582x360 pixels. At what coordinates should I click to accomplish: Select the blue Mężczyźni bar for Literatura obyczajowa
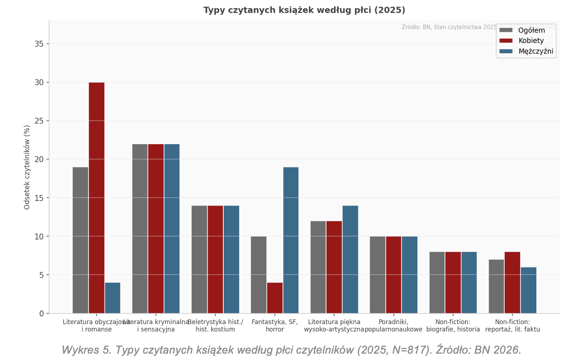click(113, 298)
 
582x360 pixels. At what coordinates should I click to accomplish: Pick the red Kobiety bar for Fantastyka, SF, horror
click(275, 298)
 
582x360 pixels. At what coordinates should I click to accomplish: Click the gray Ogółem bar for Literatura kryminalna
click(140, 228)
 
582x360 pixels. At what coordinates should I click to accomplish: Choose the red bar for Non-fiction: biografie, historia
click(453, 282)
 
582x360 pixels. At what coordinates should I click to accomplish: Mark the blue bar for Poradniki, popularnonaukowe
click(409, 275)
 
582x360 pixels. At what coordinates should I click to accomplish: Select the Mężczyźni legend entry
click(535, 51)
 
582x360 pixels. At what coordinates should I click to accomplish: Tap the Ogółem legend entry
click(531, 30)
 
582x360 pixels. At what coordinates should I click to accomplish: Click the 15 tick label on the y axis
click(39, 198)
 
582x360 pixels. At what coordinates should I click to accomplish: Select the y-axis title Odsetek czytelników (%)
click(27, 167)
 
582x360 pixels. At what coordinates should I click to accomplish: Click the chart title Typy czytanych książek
click(304, 10)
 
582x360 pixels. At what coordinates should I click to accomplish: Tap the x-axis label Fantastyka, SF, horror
click(275, 326)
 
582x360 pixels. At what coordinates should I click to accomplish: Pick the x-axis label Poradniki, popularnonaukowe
click(393, 326)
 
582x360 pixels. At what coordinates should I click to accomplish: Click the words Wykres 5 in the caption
click(86, 350)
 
